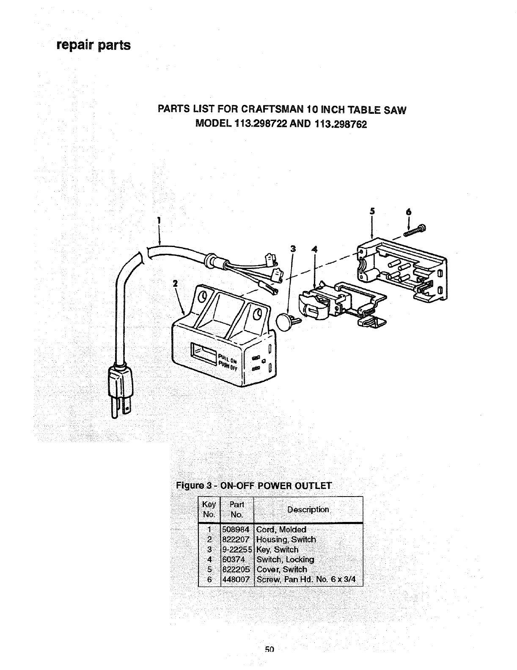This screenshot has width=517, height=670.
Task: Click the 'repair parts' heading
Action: click(x=93, y=45)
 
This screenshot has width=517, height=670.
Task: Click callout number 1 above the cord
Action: click(x=159, y=220)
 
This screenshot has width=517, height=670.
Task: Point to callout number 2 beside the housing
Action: click(x=174, y=283)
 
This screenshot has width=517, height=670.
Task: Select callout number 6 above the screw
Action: click(x=409, y=212)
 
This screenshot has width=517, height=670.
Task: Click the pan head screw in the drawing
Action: click(x=416, y=231)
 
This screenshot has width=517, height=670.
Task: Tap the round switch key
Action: click(x=283, y=321)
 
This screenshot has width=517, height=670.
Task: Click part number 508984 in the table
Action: click(x=236, y=530)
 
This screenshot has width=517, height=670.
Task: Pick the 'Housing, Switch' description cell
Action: click(x=286, y=540)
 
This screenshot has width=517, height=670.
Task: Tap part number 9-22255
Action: click(x=237, y=550)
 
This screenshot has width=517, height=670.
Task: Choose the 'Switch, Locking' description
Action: click(x=286, y=560)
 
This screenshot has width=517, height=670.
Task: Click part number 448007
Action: click(x=236, y=579)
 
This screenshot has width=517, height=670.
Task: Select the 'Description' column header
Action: click(x=308, y=510)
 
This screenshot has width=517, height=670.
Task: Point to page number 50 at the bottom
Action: click(x=269, y=661)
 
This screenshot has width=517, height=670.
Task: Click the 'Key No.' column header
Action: click(x=209, y=510)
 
